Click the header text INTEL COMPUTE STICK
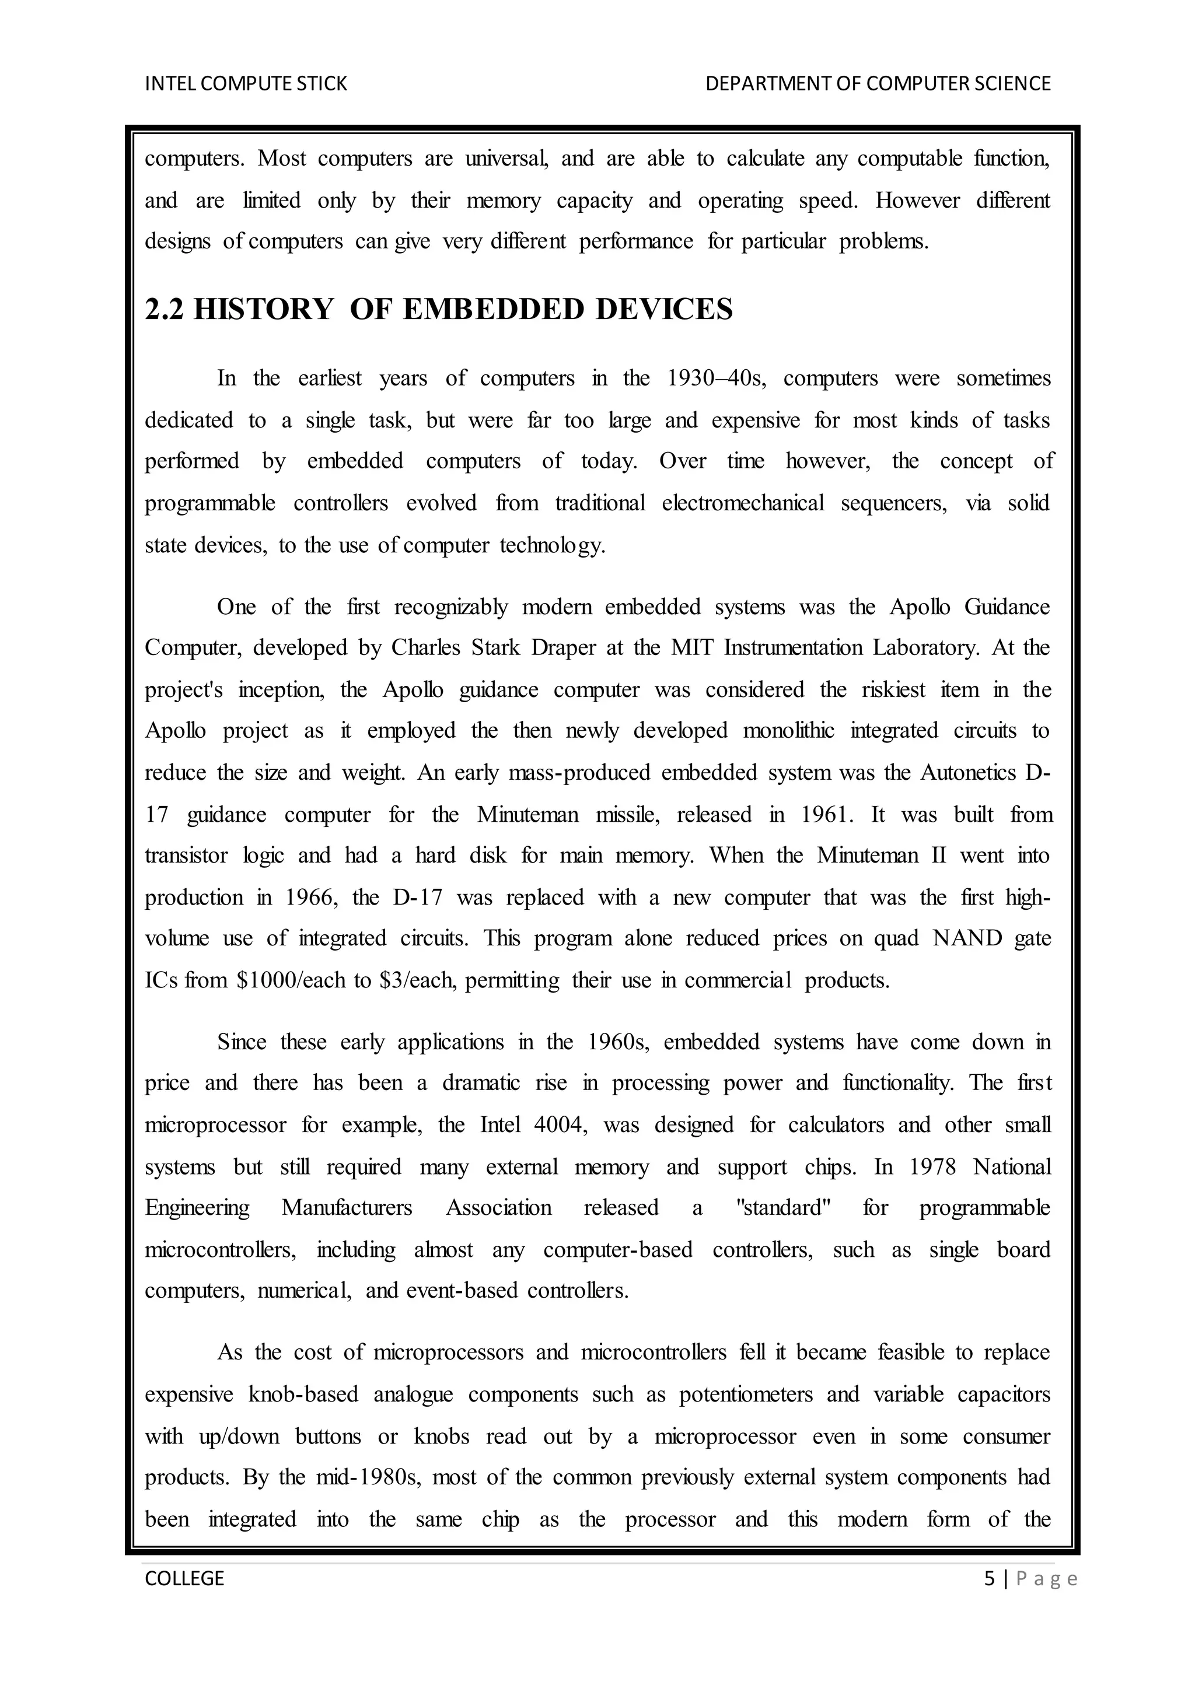[x=246, y=84]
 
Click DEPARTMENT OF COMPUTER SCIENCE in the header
[x=878, y=84]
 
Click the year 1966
[x=310, y=898]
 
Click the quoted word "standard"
[x=783, y=1208]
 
